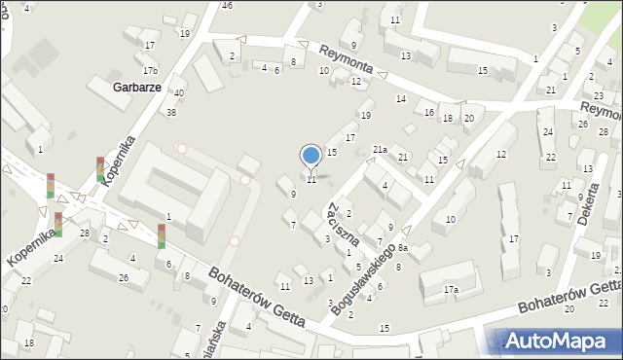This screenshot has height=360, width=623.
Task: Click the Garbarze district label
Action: tap(135, 86)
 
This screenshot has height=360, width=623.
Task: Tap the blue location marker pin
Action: tap(311, 157)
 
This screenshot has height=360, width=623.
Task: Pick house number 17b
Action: tap(149, 70)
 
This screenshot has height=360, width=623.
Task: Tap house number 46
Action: tap(227, 6)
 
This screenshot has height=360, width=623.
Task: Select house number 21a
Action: tap(380, 149)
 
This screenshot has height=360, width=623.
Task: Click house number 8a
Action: tap(401, 248)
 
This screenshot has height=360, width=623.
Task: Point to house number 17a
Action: tap(451, 290)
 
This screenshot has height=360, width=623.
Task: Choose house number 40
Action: tap(179, 93)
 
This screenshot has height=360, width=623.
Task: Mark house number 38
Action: tap(171, 113)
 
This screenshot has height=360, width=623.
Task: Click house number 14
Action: tap(400, 99)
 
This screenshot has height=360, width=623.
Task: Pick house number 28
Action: tap(85, 234)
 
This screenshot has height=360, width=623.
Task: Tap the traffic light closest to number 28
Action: tap(58, 224)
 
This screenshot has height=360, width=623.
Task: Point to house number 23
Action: tap(598, 95)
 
